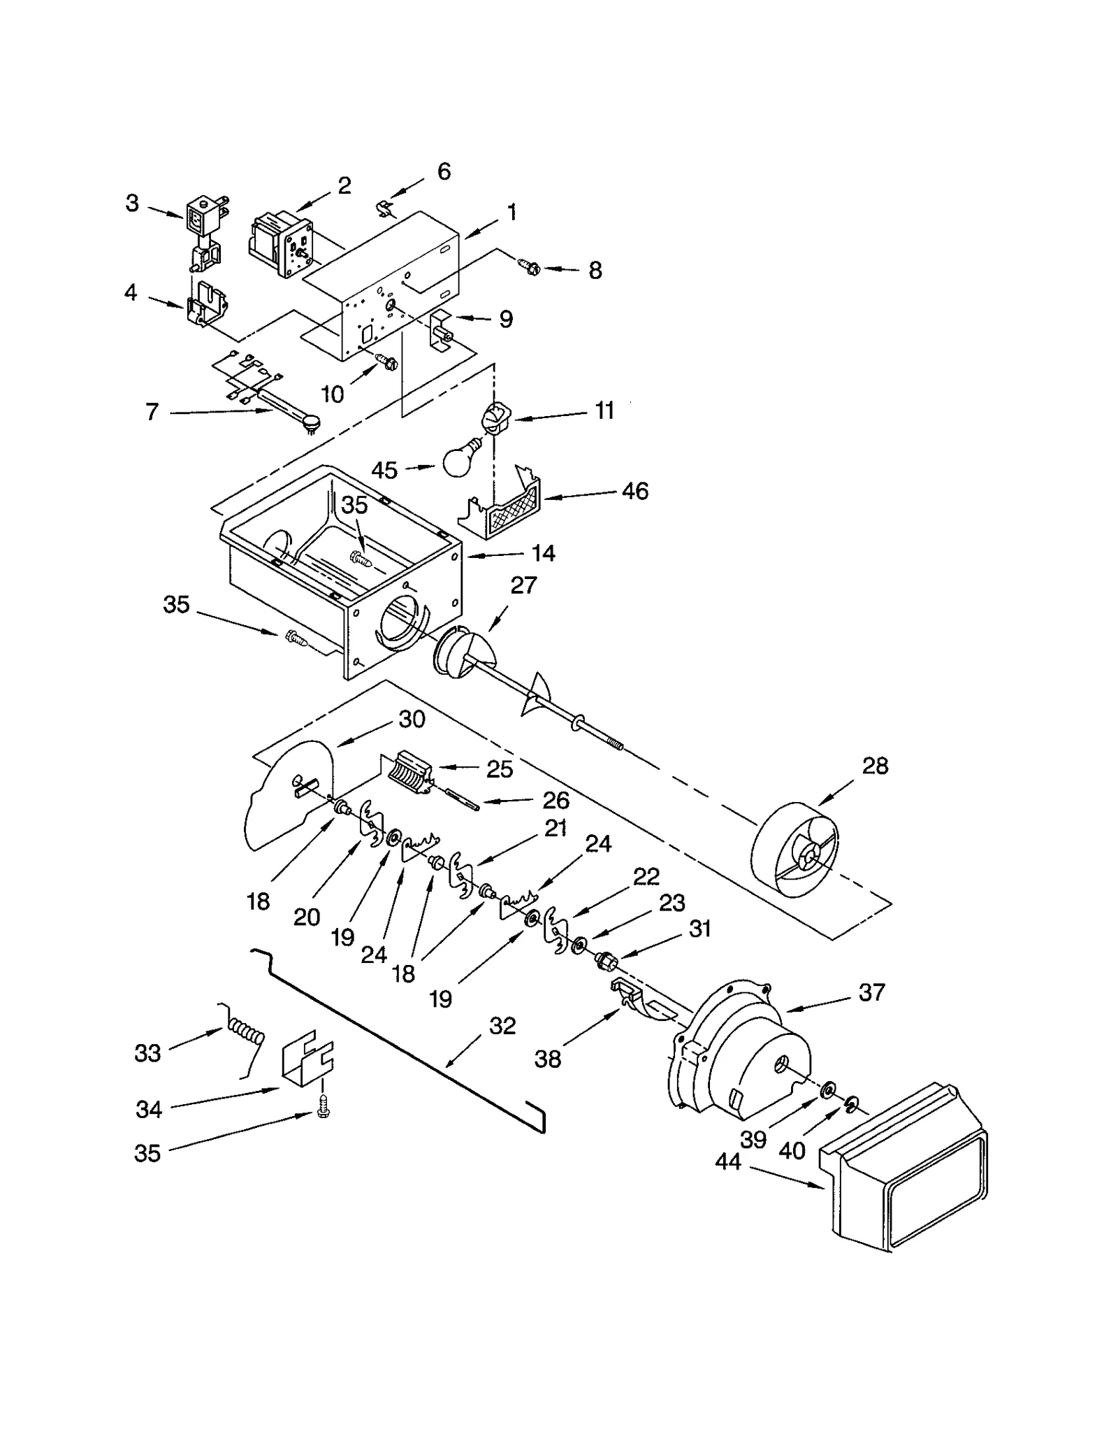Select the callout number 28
[874, 766]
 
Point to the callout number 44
[727, 1161]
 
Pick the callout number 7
[152, 412]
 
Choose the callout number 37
[871, 992]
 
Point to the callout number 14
[543, 553]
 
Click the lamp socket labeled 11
[494, 420]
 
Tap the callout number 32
[502, 1026]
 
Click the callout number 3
[132, 203]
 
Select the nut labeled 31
[603, 961]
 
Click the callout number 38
[547, 1059]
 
